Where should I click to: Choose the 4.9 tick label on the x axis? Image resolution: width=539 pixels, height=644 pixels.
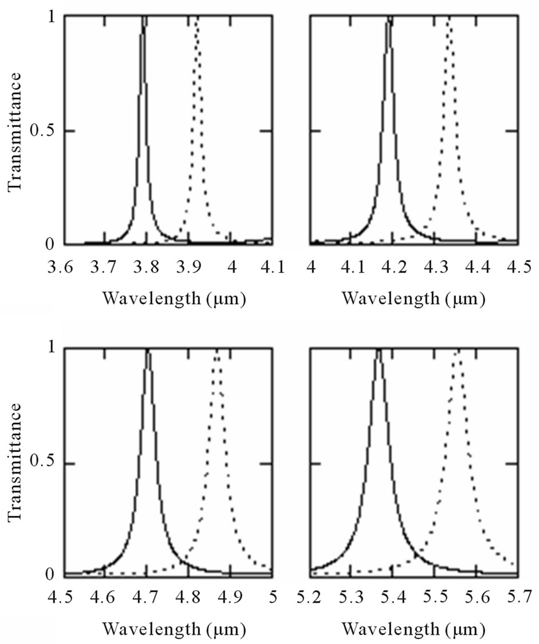[x=230, y=598]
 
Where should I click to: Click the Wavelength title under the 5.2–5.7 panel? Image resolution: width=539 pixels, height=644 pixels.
[x=414, y=630]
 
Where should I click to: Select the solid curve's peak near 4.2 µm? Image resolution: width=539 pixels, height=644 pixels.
[x=390, y=19]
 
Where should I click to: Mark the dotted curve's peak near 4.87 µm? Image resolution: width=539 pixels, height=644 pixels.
[x=217, y=350]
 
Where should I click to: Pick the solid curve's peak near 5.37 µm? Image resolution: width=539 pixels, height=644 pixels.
[x=379, y=350]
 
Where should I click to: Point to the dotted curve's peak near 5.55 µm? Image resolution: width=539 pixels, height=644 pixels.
[x=458, y=350]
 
